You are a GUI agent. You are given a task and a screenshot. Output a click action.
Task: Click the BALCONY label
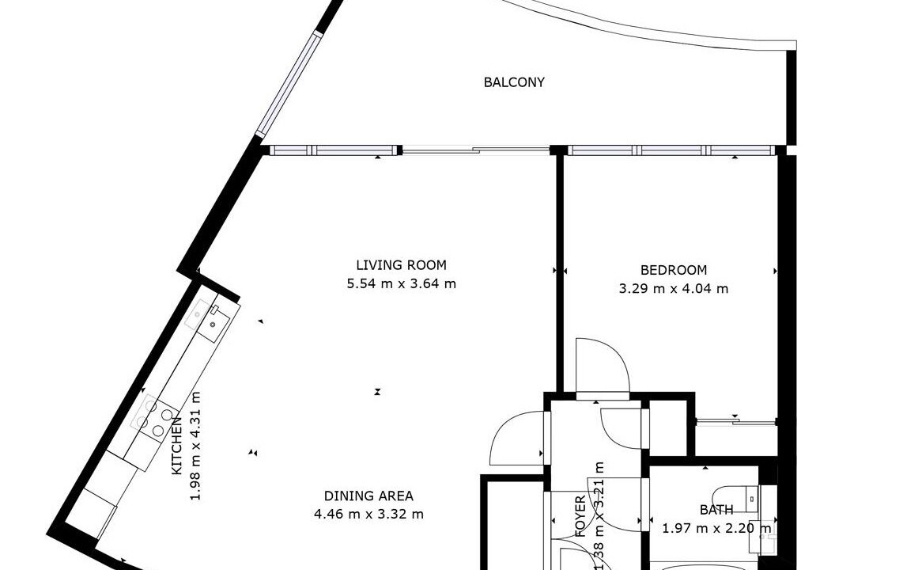tap(514, 82)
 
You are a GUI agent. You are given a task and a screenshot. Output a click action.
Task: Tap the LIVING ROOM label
tap(401, 265)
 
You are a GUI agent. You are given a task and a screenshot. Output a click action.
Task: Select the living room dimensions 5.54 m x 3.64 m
tap(401, 283)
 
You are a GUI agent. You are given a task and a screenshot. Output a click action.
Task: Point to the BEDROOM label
tap(673, 270)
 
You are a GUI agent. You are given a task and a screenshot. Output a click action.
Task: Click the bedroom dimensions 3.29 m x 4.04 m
tap(673, 288)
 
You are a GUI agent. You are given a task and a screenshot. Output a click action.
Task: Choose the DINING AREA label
tap(368, 496)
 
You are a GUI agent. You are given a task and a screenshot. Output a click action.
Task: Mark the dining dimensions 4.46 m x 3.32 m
tap(368, 514)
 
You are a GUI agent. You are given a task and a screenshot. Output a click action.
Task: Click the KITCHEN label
tap(177, 446)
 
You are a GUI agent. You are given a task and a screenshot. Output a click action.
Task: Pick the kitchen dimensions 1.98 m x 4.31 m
tap(196, 446)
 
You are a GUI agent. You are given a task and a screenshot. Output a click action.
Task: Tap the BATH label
tap(716, 510)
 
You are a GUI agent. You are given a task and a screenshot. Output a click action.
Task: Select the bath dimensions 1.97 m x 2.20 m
tap(716, 528)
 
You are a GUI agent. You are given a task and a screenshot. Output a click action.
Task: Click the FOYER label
tap(580, 516)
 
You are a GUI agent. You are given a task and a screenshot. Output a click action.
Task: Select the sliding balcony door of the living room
tap(476, 151)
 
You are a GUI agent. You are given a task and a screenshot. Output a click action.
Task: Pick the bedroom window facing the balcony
tap(671, 150)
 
